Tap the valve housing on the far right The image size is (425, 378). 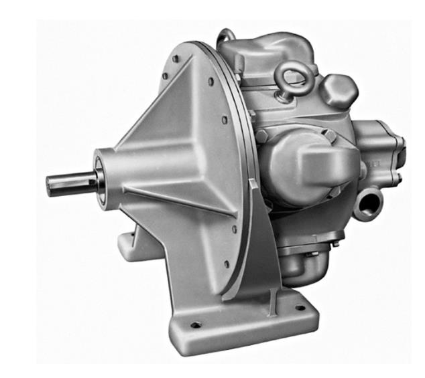click(382, 151)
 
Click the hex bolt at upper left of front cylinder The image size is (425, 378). click(262, 136)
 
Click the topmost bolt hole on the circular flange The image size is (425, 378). click(175, 59)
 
